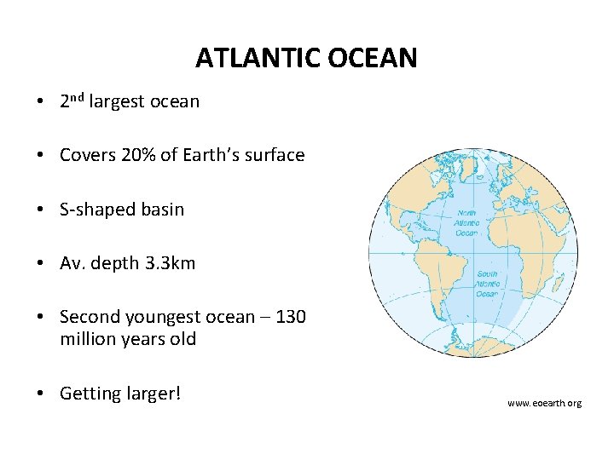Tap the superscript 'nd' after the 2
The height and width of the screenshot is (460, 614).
point(76,98)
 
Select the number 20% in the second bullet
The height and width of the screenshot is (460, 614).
point(139,155)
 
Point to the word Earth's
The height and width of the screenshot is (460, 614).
point(210,155)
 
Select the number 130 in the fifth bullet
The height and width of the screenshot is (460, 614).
point(291,317)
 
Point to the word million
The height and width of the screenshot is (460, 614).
point(85,339)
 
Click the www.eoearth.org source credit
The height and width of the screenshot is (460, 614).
point(544,402)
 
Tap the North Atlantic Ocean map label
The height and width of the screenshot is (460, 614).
point(467,223)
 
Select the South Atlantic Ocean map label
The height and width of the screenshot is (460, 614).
point(487,284)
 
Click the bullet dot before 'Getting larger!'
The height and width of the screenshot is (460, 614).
point(41,394)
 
